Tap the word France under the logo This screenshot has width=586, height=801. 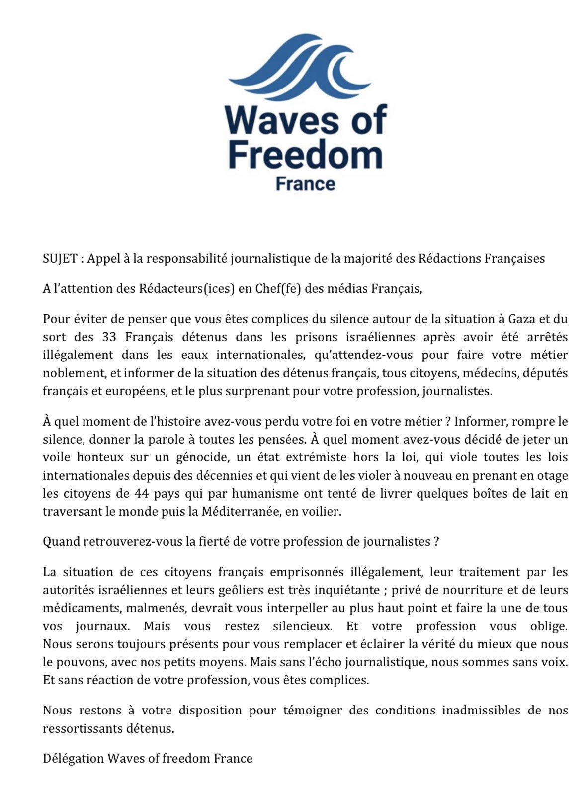(x=305, y=184)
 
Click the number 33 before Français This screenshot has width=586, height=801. (x=109, y=337)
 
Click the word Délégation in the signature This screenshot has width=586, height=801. (x=73, y=759)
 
